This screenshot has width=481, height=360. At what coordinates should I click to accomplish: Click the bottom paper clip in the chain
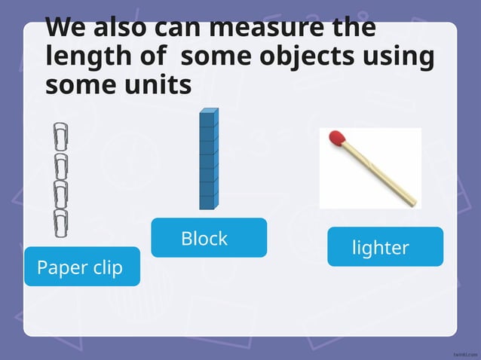(60, 221)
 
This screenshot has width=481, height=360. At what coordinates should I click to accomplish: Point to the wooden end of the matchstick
(408, 199)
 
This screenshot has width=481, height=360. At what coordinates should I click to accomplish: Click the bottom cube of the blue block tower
(208, 201)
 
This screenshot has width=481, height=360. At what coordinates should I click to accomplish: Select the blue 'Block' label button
(209, 238)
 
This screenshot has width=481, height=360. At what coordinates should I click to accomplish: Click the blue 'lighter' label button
(384, 246)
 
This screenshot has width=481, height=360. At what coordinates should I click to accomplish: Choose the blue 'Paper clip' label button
(81, 267)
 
